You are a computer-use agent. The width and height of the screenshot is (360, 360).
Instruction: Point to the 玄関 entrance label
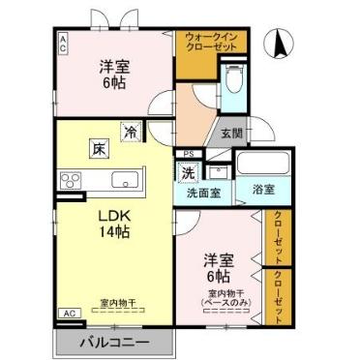[x=231, y=134]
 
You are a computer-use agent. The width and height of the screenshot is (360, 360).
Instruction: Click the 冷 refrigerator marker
[x=129, y=132]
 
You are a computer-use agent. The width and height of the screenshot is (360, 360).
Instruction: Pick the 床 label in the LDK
[x=101, y=147]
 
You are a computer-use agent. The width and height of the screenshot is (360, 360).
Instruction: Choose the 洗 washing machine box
[x=188, y=172]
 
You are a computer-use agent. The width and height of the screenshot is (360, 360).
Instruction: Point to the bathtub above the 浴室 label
[x=260, y=163]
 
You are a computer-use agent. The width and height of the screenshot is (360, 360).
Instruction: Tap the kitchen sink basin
[x=126, y=180]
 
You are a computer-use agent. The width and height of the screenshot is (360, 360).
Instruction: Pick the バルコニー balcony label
[x=114, y=343]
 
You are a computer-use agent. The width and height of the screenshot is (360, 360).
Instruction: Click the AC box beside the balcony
[x=69, y=314]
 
